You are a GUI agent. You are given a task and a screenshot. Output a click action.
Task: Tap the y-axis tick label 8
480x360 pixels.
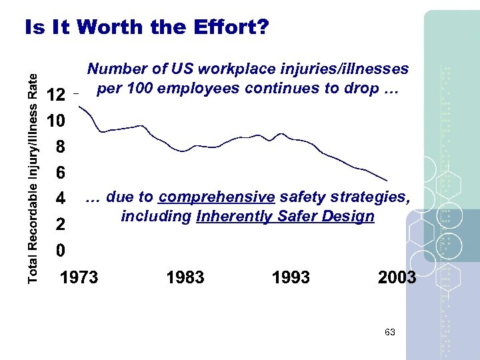[x=60, y=147]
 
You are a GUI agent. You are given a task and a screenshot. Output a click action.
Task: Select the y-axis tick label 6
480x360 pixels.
[x=60, y=173]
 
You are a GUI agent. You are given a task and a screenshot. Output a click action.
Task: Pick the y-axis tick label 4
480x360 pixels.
[x=60, y=199]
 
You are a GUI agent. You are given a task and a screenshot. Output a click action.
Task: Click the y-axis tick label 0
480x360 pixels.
[x=60, y=251]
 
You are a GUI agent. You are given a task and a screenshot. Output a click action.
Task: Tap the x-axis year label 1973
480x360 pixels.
[x=79, y=277]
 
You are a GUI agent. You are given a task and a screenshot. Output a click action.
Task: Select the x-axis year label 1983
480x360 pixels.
[x=185, y=277]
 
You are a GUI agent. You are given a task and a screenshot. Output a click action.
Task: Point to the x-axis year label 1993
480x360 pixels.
[x=291, y=277]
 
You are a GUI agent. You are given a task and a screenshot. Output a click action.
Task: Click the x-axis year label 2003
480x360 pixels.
[x=397, y=277]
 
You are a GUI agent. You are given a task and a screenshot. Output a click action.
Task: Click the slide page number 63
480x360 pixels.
[x=390, y=331]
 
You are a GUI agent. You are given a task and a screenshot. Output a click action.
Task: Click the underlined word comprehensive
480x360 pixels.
[x=217, y=197]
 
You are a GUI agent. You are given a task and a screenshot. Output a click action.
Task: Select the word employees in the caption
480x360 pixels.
[x=205, y=88]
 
